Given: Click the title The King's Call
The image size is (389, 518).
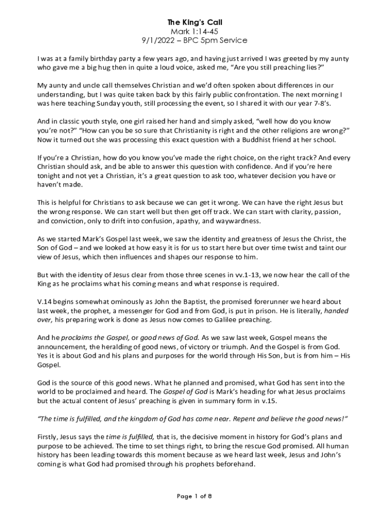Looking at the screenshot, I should point(194,23).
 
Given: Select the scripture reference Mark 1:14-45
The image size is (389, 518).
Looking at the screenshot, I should point(194,31).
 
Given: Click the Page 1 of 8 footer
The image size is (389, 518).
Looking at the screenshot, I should point(194,496).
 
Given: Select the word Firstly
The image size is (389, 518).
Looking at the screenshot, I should point(49,437).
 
